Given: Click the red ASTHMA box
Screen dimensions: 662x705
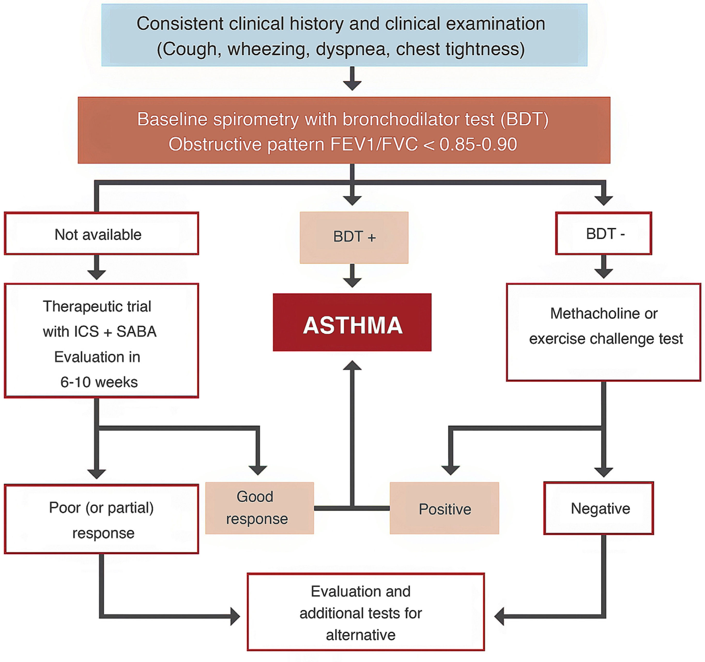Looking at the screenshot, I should (352, 322).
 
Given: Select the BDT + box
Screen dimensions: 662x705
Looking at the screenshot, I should (354, 237).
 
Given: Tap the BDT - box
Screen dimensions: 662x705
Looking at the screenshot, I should (604, 233).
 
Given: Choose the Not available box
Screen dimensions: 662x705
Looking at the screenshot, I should (101, 233).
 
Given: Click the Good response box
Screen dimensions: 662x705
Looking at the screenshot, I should (259, 508).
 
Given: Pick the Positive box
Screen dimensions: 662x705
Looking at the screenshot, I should (444, 508).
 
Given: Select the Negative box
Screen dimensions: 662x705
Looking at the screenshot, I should (599, 508).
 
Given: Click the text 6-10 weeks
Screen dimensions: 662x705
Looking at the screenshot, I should (99, 382).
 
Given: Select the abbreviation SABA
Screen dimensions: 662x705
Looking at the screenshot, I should (137, 331).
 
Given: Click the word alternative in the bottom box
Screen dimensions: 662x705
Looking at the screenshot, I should (361, 635).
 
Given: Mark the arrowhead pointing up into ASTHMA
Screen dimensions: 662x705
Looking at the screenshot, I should (352, 366).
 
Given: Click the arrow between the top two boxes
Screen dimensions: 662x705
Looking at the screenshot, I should (352, 80).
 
